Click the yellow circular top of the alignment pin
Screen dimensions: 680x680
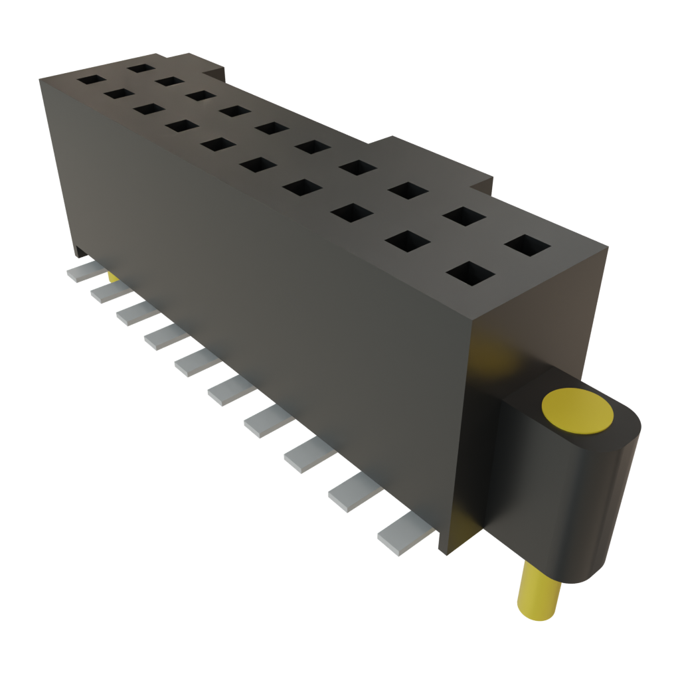pyautogui.click(x=577, y=411)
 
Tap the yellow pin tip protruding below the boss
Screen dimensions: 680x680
pyautogui.click(x=539, y=595)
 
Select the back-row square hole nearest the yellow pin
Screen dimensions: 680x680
pyautogui.click(x=528, y=245)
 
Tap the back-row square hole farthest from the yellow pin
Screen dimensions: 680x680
pyautogui.click(x=141, y=66)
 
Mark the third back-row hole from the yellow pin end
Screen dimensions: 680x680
pyautogui.click(x=408, y=189)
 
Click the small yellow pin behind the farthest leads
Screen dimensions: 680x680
pyautogui.click(x=114, y=276)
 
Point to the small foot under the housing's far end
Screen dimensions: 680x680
pyautogui.click(x=80, y=252)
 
